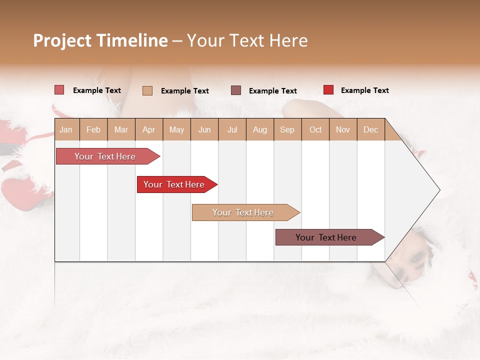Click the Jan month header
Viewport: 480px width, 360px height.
66,129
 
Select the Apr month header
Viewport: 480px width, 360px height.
148,129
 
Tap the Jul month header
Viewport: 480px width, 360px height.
232,129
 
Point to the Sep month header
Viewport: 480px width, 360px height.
287,129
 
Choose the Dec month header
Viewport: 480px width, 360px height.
370,129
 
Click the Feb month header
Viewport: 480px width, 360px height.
93,129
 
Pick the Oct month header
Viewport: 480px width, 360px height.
315,129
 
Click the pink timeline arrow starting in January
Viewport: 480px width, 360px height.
105,156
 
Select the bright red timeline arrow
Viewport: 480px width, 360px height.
174,184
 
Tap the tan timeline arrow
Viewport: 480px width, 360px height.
243,212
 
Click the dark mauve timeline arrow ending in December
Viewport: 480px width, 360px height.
326,237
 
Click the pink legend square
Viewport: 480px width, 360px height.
59,90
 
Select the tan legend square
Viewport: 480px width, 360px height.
147,90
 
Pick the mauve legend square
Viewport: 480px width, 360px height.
235,90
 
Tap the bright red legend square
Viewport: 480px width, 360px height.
328,90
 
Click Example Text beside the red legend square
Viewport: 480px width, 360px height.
364,90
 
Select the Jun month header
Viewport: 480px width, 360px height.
204,129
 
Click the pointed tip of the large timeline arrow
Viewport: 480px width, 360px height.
438,190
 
